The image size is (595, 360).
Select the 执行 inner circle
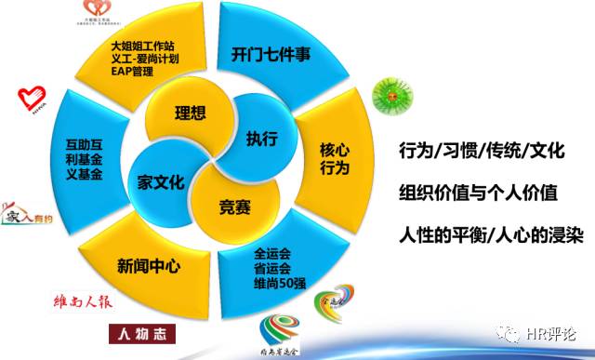262,140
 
